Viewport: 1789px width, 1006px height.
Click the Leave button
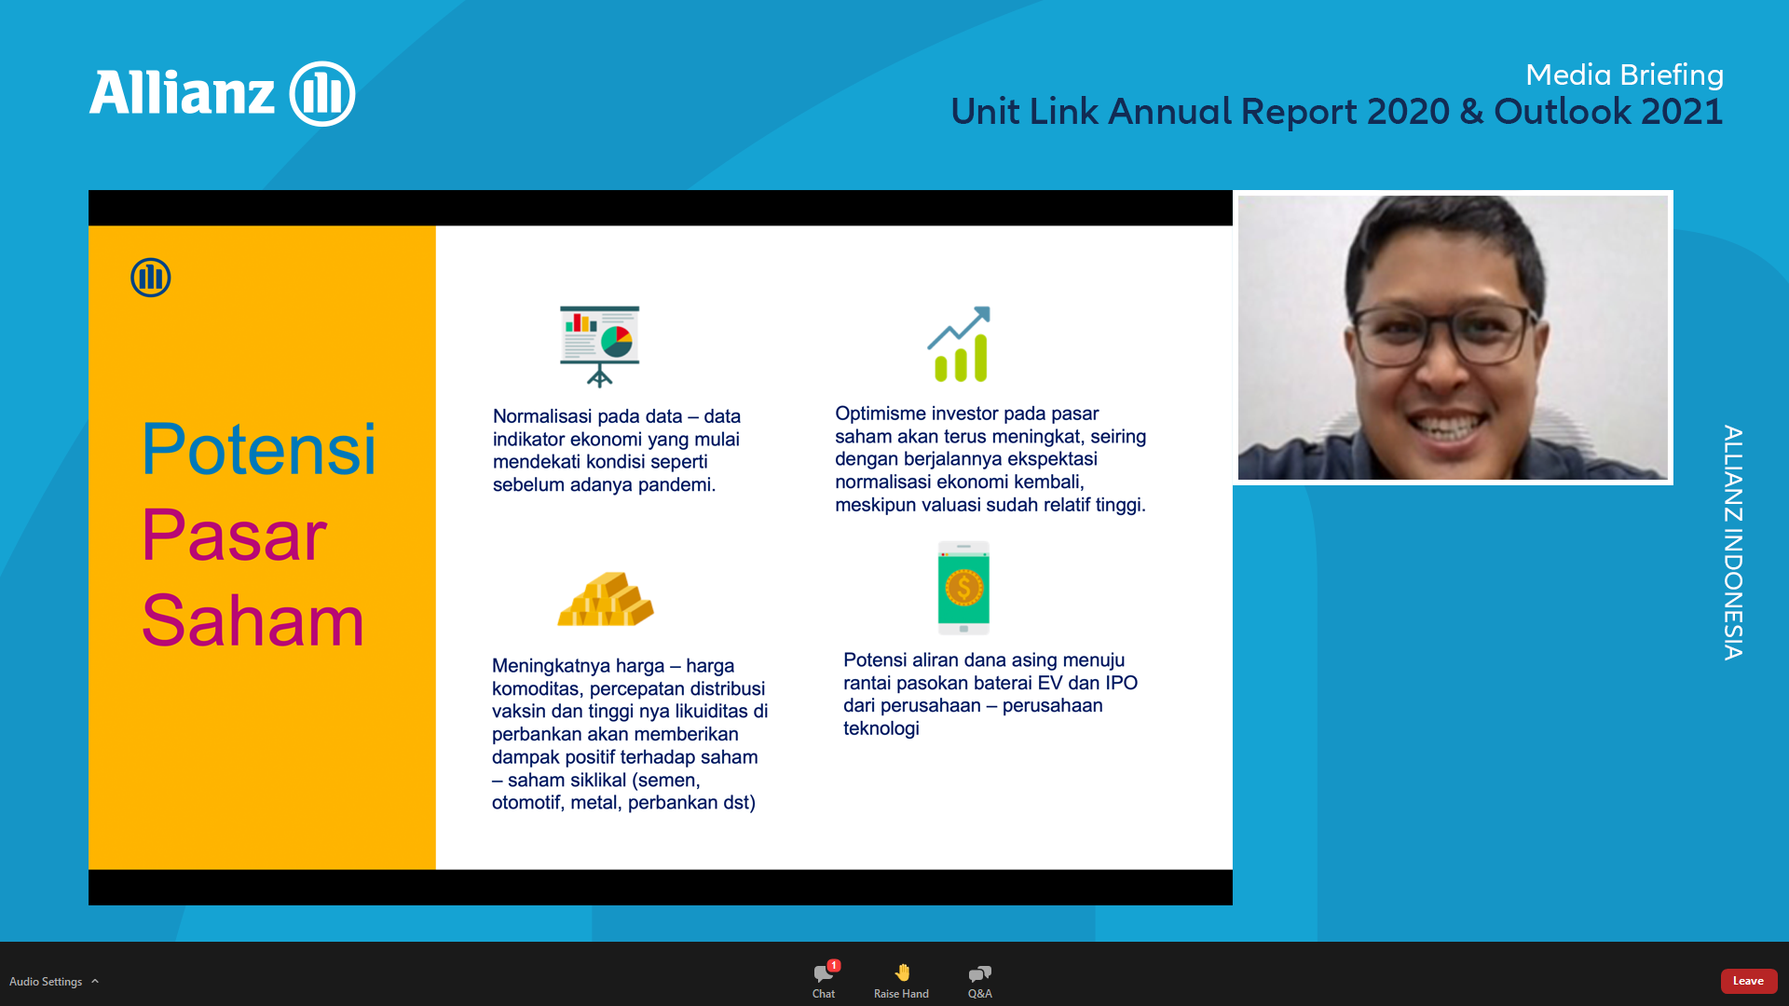[1748, 981]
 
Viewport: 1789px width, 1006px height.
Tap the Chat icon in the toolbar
[824, 973]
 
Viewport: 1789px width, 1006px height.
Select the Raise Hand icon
[902, 972]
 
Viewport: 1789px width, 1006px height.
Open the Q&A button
[979, 973]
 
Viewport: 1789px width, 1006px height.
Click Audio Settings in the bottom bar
[46, 982]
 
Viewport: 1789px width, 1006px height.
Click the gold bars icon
[606, 598]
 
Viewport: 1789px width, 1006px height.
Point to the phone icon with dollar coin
[963, 588]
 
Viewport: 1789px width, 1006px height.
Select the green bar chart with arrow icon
[959, 344]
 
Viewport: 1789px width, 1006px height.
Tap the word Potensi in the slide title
[259, 450]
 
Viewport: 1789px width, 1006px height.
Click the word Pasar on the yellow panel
[234, 536]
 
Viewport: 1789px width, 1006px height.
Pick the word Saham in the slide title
[253, 621]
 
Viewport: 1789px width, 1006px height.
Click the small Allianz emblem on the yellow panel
[151, 278]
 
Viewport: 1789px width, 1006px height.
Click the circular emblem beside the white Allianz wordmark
[322, 94]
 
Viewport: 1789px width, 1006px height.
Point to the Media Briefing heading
[1624, 75]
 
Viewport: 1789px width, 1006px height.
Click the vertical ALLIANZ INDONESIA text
[1733, 543]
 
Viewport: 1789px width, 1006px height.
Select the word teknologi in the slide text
[881, 728]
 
